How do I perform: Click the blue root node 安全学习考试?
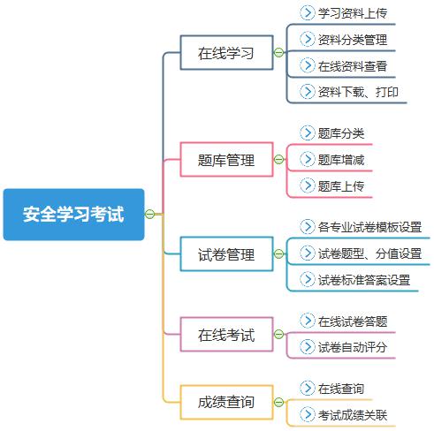coord(73,215)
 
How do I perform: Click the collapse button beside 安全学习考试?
coord(149,214)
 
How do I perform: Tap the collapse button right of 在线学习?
coord(278,53)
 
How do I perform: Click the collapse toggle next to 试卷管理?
coord(278,253)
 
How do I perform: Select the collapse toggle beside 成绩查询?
coord(278,402)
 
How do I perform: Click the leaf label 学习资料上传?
coord(353,13)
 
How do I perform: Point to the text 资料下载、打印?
coord(358,92)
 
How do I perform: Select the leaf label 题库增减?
coord(341,160)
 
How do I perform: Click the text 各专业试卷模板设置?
coord(369,227)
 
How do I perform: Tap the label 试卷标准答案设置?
coord(364,280)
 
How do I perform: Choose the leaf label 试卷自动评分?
coord(353,347)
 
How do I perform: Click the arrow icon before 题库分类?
coord(308,133)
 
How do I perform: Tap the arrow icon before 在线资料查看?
coord(308,65)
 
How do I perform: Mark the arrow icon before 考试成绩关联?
coord(308,414)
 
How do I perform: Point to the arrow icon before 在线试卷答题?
coord(308,321)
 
